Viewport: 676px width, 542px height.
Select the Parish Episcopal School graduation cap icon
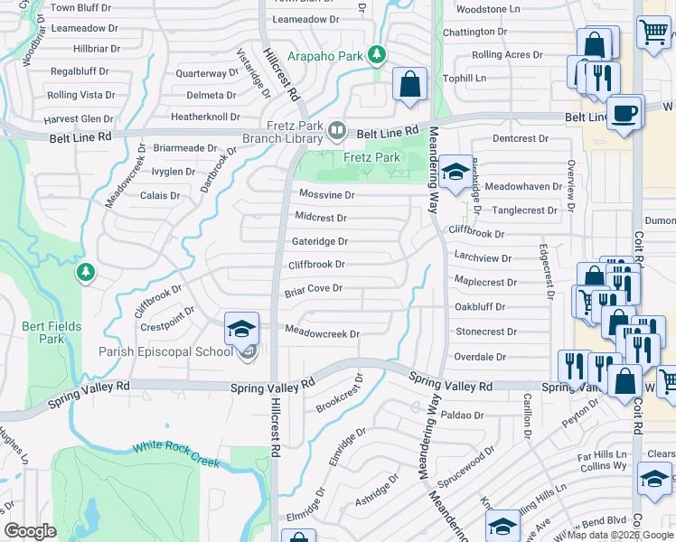tap(242, 329)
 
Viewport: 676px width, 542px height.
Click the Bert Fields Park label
tap(61, 332)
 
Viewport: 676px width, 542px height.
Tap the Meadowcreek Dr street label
tap(323, 333)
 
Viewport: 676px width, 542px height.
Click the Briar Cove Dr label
tap(314, 289)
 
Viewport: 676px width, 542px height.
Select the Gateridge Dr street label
tap(319, 241)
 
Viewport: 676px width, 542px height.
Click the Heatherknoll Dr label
tap(205, 117)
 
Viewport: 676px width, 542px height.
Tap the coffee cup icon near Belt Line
tap(624, 113)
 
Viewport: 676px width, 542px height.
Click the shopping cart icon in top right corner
tap(653, 33)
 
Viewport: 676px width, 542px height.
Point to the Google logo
tap(30, 530)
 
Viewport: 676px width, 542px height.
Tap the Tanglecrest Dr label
tap(524, 210)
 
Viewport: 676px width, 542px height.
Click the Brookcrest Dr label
tap(339, 393)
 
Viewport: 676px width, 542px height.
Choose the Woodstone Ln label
tap(489, 9)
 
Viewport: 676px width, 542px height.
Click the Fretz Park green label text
tap(371, 157)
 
